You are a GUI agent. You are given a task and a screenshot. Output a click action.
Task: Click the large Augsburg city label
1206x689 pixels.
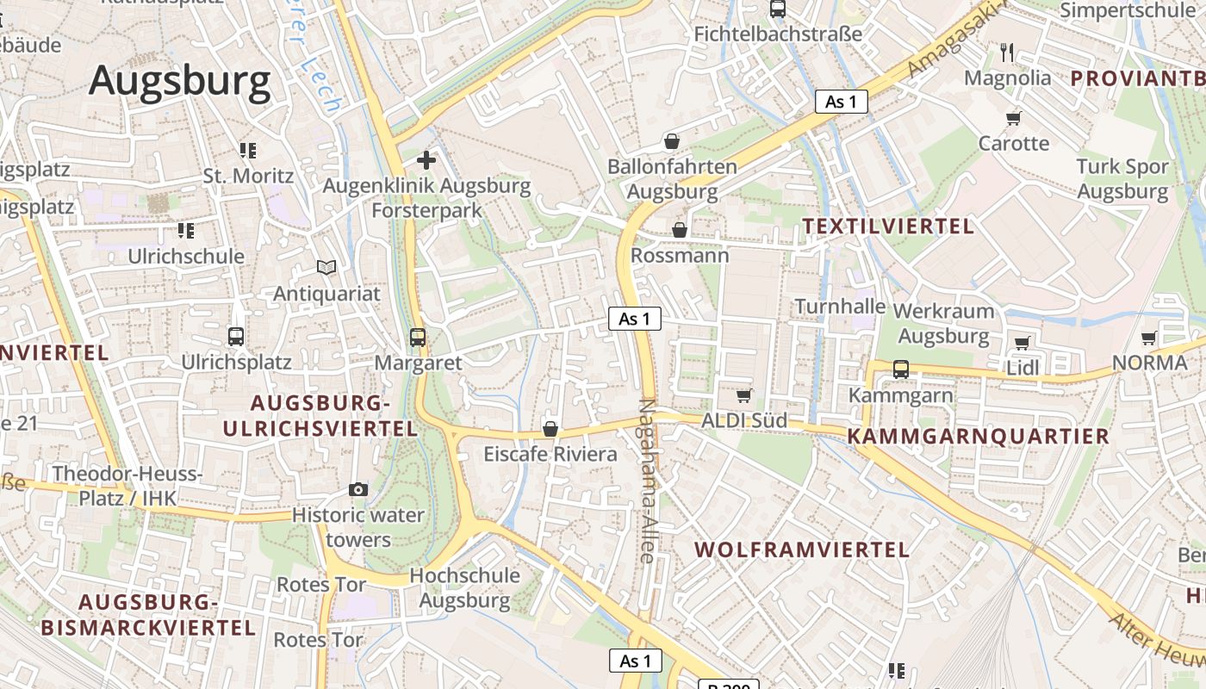pyautogui.click(x=180, y=82)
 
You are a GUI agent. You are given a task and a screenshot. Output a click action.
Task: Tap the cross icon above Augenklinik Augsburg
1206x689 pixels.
pyautogui.click(x=426, y=160)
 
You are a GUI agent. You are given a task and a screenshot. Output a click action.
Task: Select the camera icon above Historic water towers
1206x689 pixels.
pyautogui.click(x=358, y=489)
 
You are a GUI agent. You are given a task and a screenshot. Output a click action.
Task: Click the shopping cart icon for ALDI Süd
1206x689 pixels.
pyautogui.click(x=743, y=395)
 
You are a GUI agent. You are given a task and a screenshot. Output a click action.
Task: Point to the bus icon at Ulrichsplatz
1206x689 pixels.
pyautogui.click(x=235, y=337)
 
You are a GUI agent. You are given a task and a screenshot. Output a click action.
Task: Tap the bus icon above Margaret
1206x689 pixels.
pyautogui.click(x=418, y=338)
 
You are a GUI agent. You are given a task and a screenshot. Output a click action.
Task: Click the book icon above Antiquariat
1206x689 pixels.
pyautogui.click(x=326, y=268)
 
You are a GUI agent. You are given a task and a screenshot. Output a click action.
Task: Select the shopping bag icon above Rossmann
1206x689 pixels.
pyautogui.click(x=680, y=230)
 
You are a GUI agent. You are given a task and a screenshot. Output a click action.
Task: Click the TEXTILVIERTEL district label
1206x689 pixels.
pyautogui.click(x=888, y=227)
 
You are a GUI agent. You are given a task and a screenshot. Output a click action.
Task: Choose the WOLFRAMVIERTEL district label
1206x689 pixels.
pyautogui.click(x=801, y=549)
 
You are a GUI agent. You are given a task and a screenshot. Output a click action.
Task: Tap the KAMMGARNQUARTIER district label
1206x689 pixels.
pyautogui.click(x=979, y=436)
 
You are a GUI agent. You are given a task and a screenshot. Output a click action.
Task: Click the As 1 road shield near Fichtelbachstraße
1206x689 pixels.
pyautogui.click(x=841, y=102)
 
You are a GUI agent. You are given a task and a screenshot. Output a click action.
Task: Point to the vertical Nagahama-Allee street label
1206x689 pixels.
pyautogui.click(x=649, y=482)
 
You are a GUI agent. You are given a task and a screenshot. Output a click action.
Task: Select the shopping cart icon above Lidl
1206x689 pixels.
pyautogui.click(x=1023, y=343)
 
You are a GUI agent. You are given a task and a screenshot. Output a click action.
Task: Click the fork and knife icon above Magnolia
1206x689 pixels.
pyautogui.click(x=1008, y=53)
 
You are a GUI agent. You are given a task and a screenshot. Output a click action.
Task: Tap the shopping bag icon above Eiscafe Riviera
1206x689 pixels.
pyautogui.click(x=550, y=429)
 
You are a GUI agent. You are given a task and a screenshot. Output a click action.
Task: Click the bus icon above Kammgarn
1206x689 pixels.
pyautogui.click(x=901, y=369)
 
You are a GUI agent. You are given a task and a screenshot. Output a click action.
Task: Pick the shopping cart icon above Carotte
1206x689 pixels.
pyautogui.click(x=1014, y=117)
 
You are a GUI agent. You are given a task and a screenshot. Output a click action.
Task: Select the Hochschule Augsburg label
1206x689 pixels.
pyautogui.click(x=465, y=587)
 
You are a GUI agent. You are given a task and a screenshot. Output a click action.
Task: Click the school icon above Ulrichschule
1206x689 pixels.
pyautogui.click(x=186, y=231)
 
